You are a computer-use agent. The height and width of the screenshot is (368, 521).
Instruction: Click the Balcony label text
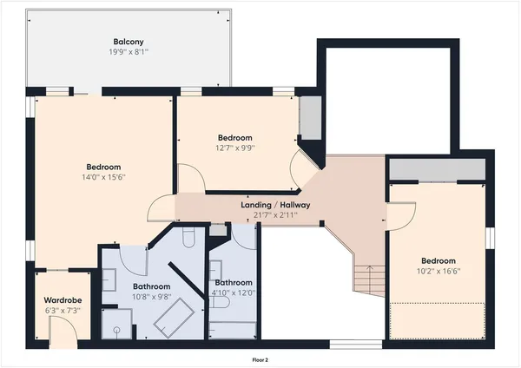pyautogui.click(x=129, y=42)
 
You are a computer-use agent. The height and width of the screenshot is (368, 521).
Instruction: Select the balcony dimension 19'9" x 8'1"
pyautogui.click(x=129, y=52)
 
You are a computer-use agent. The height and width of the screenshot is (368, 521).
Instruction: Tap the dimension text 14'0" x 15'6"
pyautogui.click(x=103, y=178)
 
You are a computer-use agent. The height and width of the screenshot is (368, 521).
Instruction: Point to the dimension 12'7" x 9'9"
pyautogui.click(x=234, y=148)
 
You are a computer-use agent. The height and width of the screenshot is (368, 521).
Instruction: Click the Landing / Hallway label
pyautogui.click(x=275, y=205)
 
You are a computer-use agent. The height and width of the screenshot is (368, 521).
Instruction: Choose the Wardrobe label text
pyautogui.click(x=62, y=301)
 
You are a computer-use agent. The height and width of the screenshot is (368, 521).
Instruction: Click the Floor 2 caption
pyautogui.click(x=260, y=358)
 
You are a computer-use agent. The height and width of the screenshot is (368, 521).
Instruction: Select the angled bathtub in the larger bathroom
pyautogui.click(x=174, y=319)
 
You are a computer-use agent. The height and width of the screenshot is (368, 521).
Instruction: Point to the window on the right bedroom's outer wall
pyautogui.click(x=489, y=238)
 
